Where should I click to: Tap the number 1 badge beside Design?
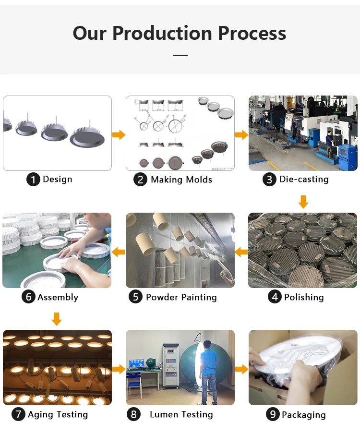point(33,180)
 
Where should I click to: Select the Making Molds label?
point(181,180)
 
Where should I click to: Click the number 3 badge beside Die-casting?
point(269,180)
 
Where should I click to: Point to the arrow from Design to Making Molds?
point(119,135)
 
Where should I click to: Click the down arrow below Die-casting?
point(303,201)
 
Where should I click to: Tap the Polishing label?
point(304,297)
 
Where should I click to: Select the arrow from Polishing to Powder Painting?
point(241,252)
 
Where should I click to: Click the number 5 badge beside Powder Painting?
point(136,297)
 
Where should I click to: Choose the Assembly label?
point(58,297)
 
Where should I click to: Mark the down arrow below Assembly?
point(57,318)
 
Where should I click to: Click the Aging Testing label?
point(58,414)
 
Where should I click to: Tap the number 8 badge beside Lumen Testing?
point(133,414)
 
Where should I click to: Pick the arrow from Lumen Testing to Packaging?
point(241,369)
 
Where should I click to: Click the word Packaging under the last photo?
point(303,415)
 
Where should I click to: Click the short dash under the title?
point(180,55)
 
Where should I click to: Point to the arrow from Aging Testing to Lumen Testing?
point(119,369)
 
